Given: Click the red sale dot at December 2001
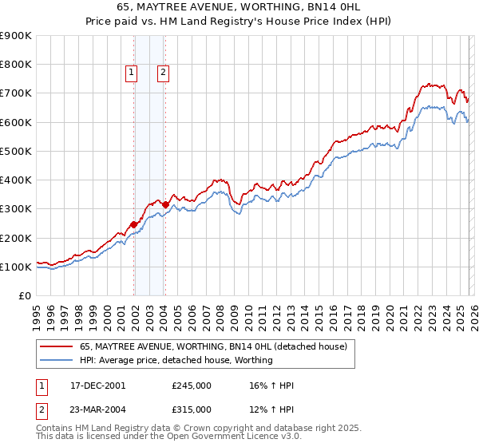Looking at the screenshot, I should click(x=133, y=224).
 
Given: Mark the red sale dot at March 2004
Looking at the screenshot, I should click(x=165, y=204).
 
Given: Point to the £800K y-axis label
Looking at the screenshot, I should click(x=16, y=65).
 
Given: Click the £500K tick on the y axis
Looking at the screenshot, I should click(x=16, y=151).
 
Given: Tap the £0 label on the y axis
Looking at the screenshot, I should click(x=24, y=295).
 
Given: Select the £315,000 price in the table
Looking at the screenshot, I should click(x=192, y=409).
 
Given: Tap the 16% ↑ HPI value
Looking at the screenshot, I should click(x=272, y=386).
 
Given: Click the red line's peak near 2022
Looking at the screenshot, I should click(x=426, y=83).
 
